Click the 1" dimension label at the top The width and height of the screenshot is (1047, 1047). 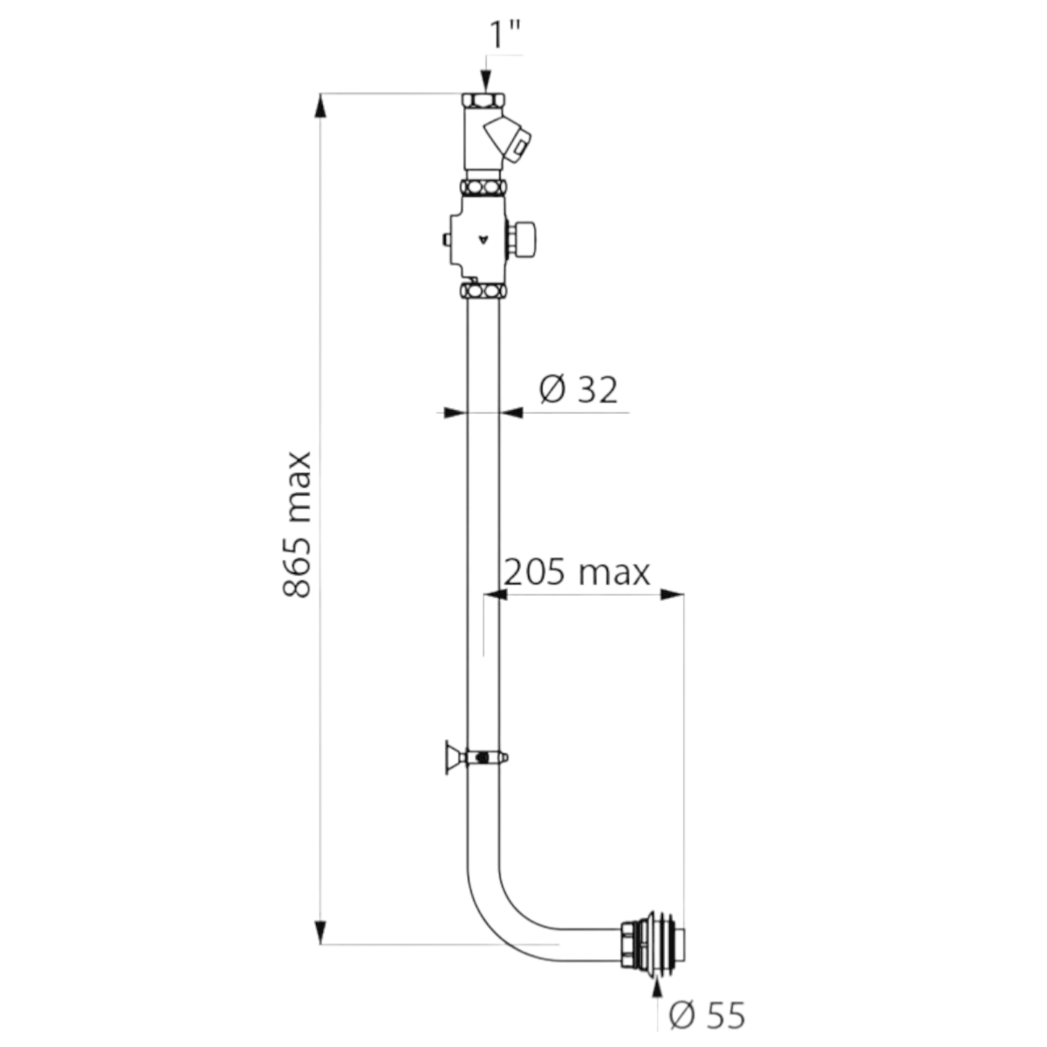505,35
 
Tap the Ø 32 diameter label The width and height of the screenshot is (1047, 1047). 578,389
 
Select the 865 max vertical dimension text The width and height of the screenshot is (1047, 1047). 298,525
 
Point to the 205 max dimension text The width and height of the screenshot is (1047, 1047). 577,572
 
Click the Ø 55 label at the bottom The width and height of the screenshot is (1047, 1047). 707,1014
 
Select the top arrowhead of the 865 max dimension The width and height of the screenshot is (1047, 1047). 321,106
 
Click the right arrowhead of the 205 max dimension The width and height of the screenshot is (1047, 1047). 672,594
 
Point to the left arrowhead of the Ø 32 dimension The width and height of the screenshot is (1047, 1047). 455,413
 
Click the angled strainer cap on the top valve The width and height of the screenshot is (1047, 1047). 508,140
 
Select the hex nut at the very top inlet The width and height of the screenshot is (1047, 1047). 483,100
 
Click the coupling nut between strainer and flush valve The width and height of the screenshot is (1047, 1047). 483,188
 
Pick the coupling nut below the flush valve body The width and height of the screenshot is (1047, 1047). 483,291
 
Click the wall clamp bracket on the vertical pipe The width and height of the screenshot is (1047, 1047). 476,756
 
